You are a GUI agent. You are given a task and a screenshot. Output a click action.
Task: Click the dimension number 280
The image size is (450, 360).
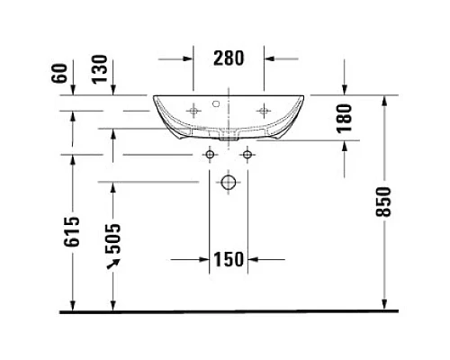[x=229, y=58]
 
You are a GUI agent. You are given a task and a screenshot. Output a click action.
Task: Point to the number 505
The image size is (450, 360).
[x=113, y=238]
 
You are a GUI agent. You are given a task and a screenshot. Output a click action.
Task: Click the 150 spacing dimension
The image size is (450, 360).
[x=229, y=260]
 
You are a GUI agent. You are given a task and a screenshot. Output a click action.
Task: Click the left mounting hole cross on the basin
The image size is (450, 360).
[x=193, y=110]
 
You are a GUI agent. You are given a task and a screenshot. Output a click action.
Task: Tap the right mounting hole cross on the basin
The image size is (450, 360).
[x=264, y=110]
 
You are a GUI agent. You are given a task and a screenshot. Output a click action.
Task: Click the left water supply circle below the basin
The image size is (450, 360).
[x=210, y=156]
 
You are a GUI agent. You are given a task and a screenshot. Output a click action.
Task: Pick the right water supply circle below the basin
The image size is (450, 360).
[x=245, y=156]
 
